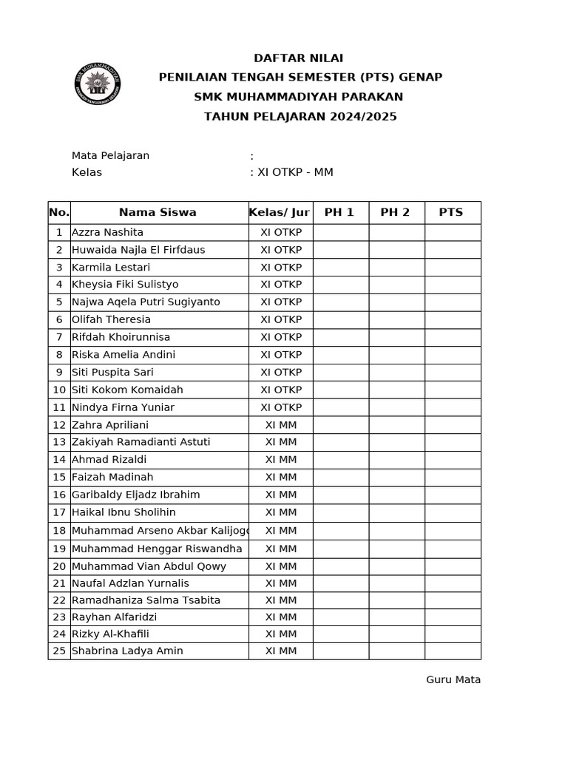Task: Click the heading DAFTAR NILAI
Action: pyautogui.click(x=298, y=58)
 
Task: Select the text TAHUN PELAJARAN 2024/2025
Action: pyautogui.click(x=300, y=117)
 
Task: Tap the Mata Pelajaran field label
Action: pyautogui.click(x=110, y=155)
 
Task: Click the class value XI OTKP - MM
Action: pyautogui.click(x=294, y=172)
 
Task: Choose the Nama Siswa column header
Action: pyautogui.click(x=158, y=212)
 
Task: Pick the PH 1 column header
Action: pyautogui.click(x=339, y=212)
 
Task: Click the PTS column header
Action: pyautogui.click(x=451, y=212)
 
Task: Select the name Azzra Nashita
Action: pyautogui.click(x=107, y=232)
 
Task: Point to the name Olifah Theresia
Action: pyautogui.click(x=111, y=319)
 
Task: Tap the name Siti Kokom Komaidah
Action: pyautogui.click(x=127, y=390)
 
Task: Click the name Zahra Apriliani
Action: pyautogui.click(x=110, y=424)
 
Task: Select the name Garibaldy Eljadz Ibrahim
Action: pyautogui.click(x=135, y=495)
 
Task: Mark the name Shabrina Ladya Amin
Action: pyautogui.click(x=127, y=651)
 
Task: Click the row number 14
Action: pyautogui.click(x=59, y=460)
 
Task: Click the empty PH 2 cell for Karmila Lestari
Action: pyautogui.click(x=396, y=267)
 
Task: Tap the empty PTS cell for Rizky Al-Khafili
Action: pyautogui.click(x=453, y=634)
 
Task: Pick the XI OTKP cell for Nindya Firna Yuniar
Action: pyautogui.click(x=281, y=407)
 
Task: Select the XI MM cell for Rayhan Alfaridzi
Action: pyautogui.click(x=281, y=617)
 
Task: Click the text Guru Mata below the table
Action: pyautogui.click(x=453, y=679)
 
